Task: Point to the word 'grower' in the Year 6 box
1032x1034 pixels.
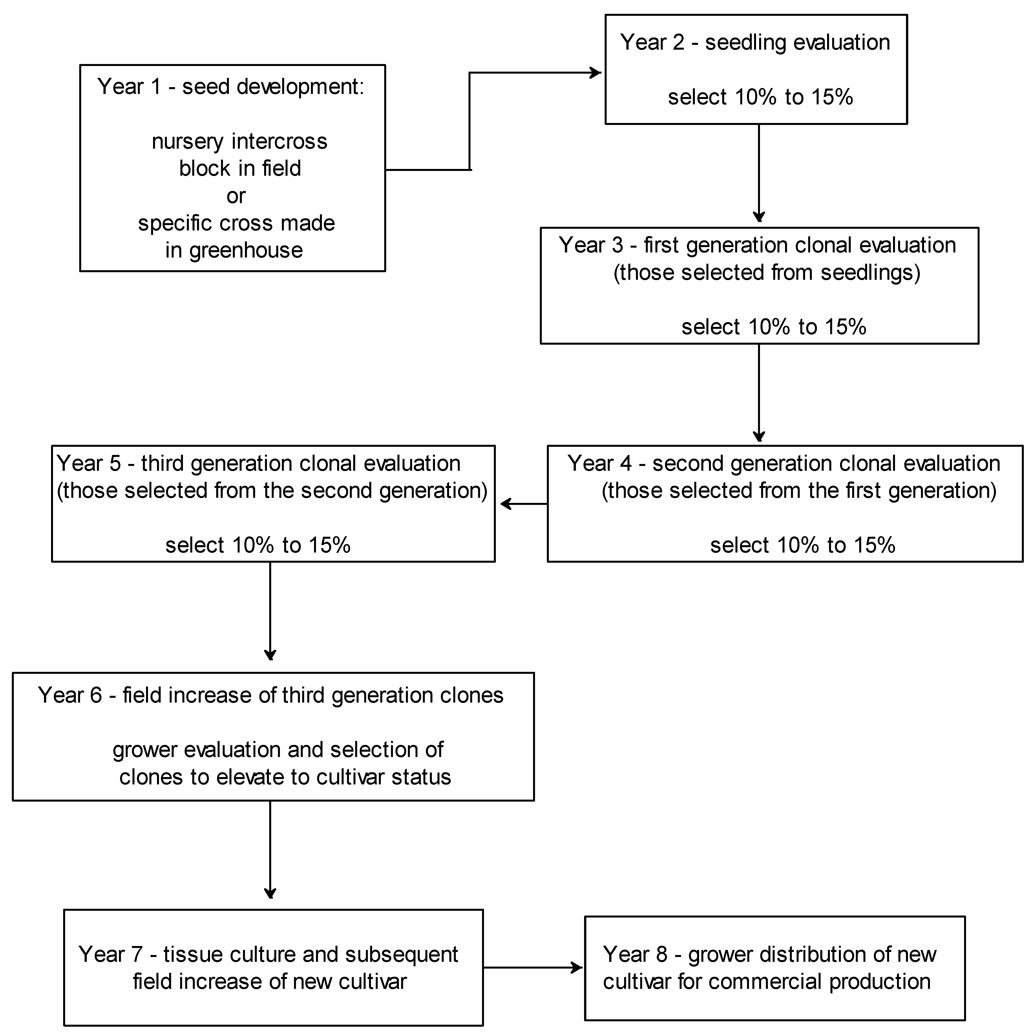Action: coord(144,750)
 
